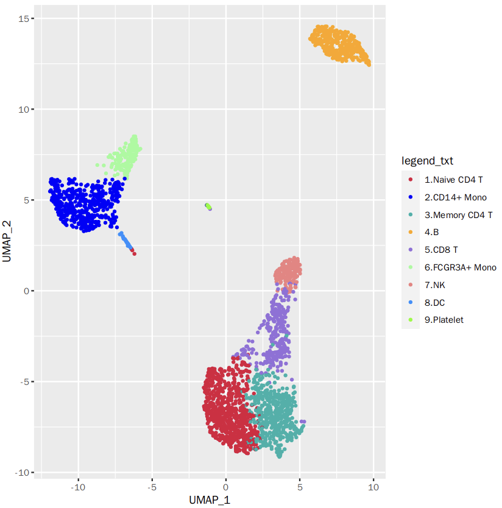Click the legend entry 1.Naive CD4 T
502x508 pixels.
pos(454,180)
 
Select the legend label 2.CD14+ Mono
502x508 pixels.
pos(456,197)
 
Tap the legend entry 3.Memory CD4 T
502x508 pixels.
pos(458,215)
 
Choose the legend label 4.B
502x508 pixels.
pos(432,232)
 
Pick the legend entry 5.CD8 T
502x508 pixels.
pos(441,250)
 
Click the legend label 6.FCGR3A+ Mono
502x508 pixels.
pos(460,267)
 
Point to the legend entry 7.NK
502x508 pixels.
pos(436,284)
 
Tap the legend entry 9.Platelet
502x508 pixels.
pos(444,320)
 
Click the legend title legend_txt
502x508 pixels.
pos(427,161)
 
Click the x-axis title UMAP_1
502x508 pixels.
pos(208,499)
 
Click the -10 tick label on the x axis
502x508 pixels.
pos(77,487)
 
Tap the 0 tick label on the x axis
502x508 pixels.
pos(226,487)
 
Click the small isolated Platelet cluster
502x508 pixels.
pos(208,207)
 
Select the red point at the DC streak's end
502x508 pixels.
pos(133,253)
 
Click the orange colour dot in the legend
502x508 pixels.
pos(411,232)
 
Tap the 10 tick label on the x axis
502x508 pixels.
pos(374,487)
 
